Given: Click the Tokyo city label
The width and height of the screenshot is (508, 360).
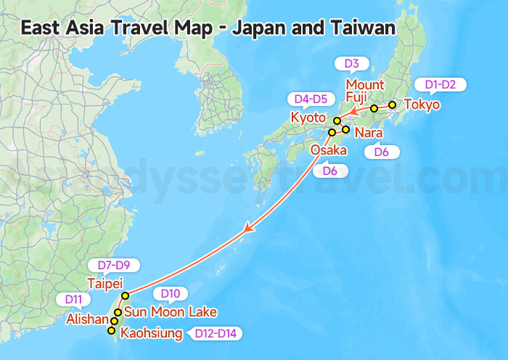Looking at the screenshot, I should coord(422,105).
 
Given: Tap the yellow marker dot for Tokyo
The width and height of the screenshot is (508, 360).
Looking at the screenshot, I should coord(392,105).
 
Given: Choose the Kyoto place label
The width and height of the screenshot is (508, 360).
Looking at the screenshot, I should coord(308,118).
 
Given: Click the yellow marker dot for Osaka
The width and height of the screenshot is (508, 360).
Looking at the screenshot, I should coord(332,132).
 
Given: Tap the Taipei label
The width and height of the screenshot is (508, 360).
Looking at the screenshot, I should coord(105,283).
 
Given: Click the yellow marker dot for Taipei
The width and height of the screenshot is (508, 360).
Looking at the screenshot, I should coord(126,295).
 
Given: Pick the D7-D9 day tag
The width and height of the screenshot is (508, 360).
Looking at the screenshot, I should coord(113,265).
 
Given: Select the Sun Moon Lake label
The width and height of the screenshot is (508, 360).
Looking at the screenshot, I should coord(170,312).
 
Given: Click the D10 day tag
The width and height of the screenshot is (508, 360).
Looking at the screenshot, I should coord(170,294).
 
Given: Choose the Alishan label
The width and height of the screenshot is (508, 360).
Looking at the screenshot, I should coord(87,319).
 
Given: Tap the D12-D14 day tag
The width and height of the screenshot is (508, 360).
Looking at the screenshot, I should coord(215,334).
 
